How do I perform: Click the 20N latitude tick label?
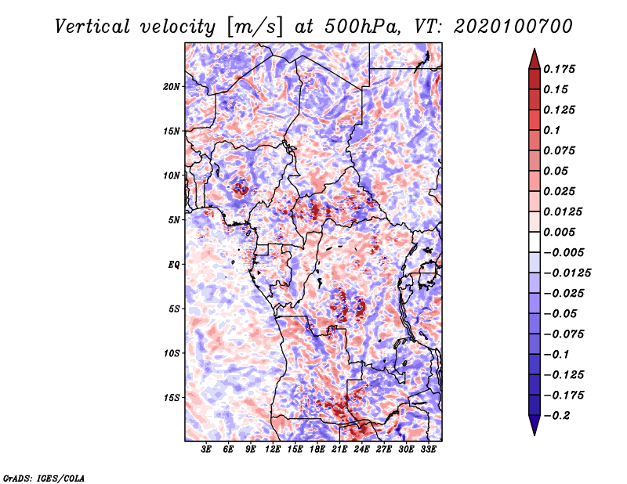click(172, 87)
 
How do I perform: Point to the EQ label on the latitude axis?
click(173, 265)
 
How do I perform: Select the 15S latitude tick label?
click(172, 398)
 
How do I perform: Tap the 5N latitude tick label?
click(174, 220)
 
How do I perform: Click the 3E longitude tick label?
click(206, 449)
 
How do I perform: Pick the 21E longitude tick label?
click(339, 449)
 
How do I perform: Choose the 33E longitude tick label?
click(428, 449)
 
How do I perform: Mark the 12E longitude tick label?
click(272, 449)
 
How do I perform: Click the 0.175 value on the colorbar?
click(559, 69)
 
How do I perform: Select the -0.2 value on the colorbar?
click(556, 416)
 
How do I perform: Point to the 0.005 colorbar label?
click(559, 232)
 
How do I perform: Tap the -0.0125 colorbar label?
click(567, 273)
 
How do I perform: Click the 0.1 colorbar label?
click(552, 130)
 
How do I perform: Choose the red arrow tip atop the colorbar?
click(535, 49)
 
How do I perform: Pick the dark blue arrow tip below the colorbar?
click(535, 434)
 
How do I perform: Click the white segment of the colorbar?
click(535, 242)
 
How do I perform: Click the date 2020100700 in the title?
click(513, 27)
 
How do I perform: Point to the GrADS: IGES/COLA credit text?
click(44, 479)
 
